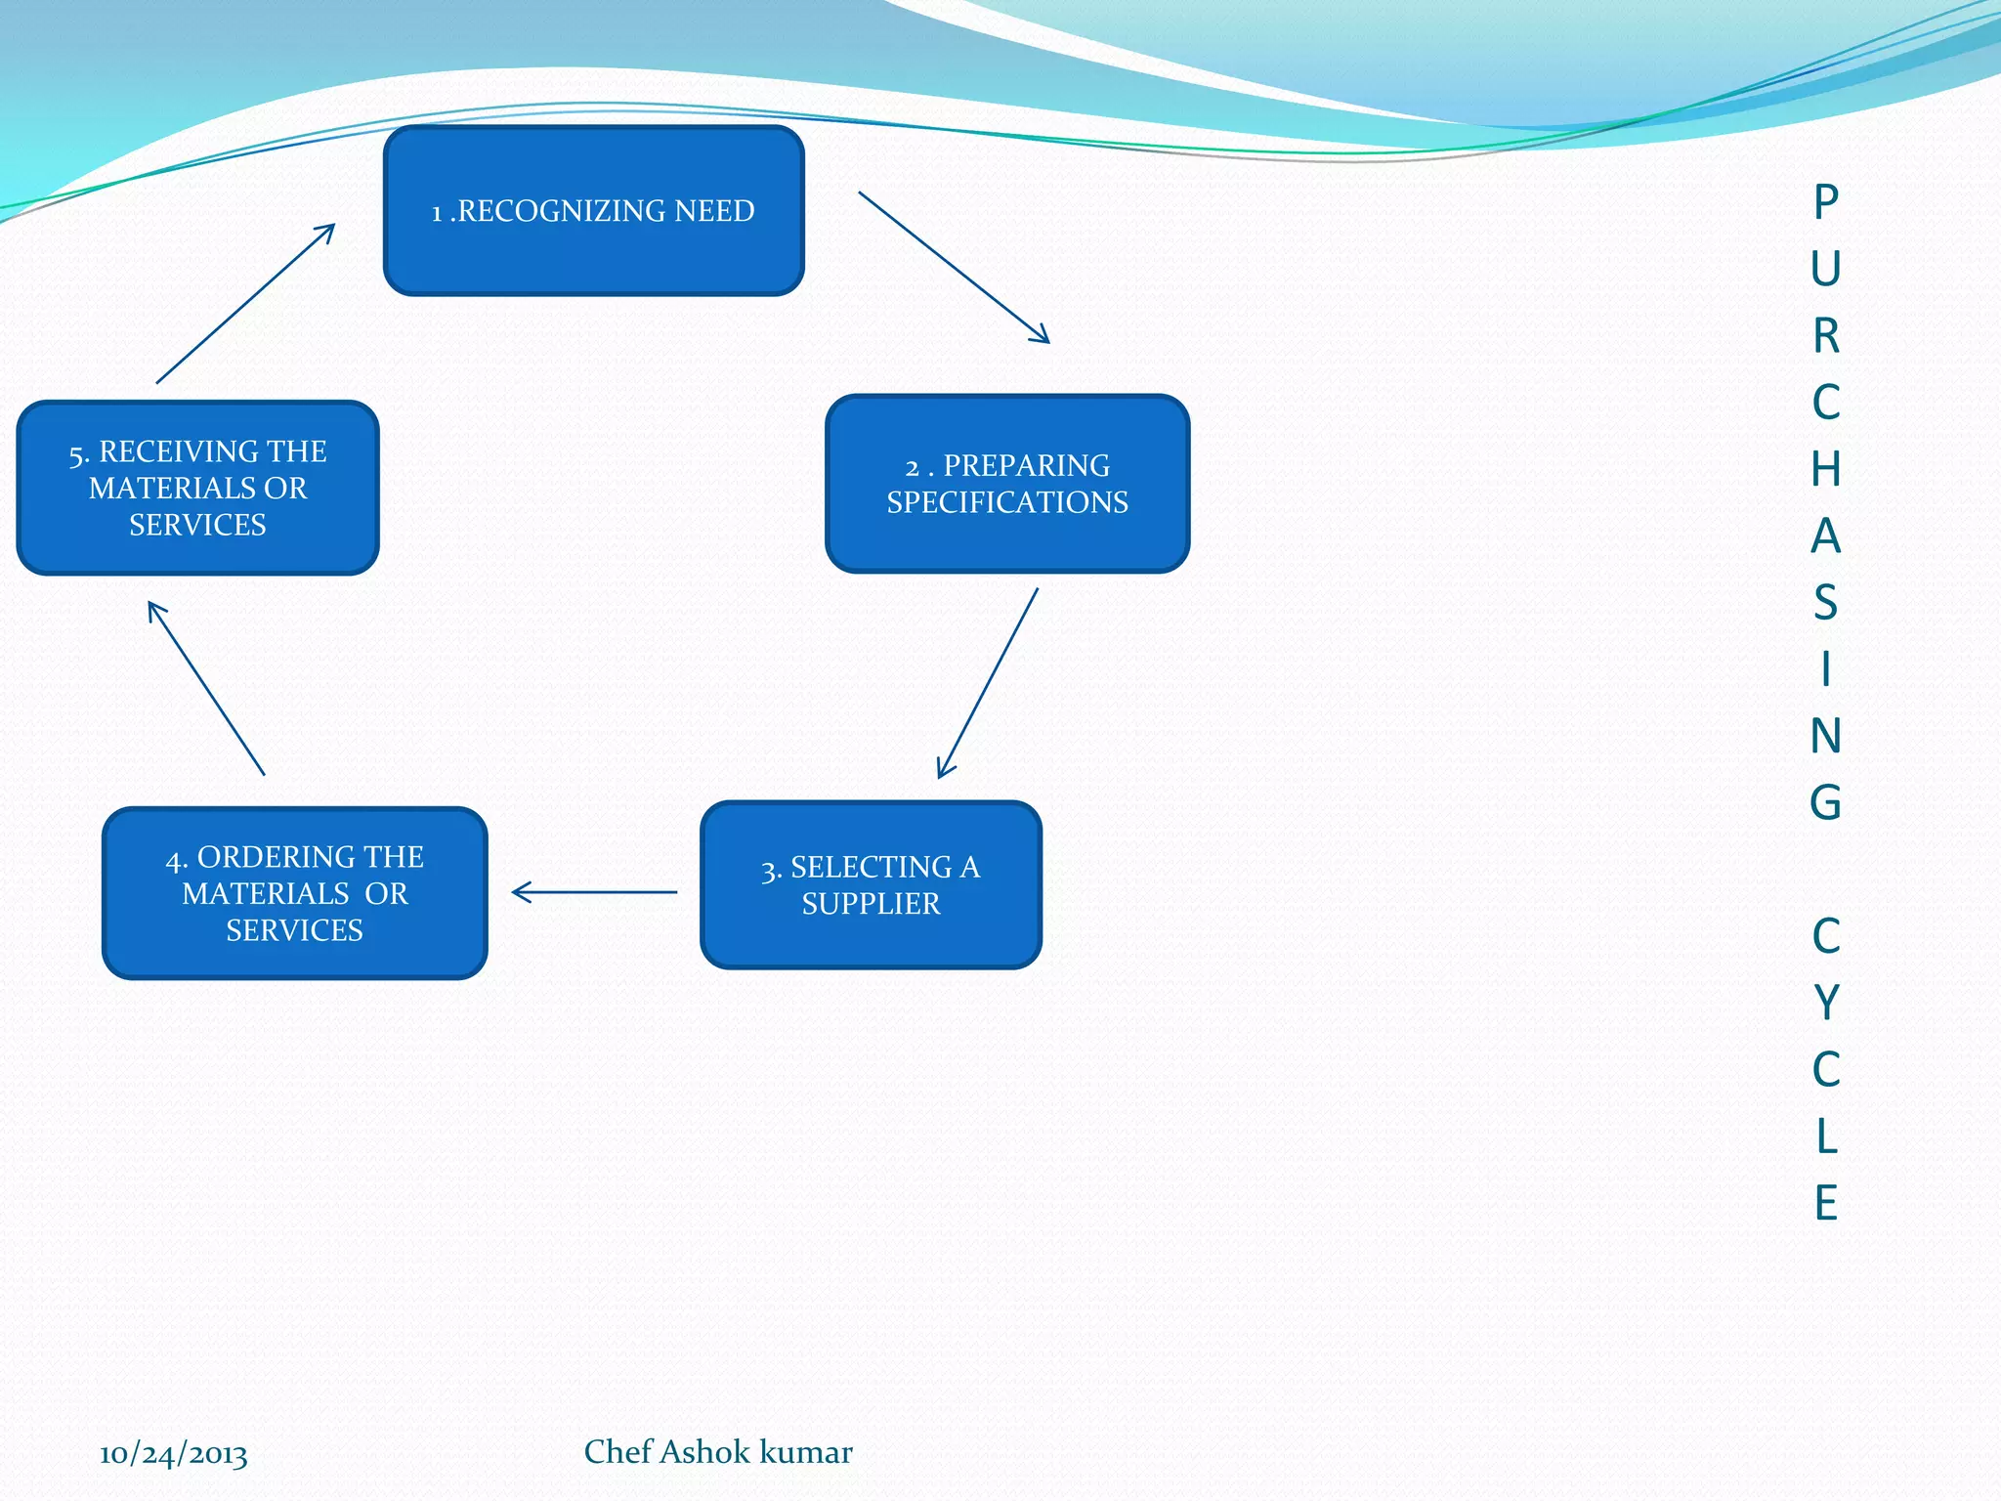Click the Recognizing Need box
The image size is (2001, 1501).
pos(594,210)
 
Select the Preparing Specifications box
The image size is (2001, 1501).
pos(1007,484)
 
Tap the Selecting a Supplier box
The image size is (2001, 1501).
pos(871,885)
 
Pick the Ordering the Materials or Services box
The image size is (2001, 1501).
pos(294,893)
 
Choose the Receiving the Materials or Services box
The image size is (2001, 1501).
pos(197,488)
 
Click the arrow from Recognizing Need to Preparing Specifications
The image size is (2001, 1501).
pos(954,267)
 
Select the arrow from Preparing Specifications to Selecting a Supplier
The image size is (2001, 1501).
pos(988,683)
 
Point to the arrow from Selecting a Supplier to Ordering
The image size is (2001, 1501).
pos(594,892)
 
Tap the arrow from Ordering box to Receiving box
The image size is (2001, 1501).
pos(206,689)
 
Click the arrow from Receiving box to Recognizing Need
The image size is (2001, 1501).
pos(245,304)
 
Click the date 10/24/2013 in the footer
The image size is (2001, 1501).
pos(173,1454)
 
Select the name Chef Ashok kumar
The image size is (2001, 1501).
pos(718,1452)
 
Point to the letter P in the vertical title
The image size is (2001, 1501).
pos(1826,202)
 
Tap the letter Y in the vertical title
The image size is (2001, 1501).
pos(1826,1003)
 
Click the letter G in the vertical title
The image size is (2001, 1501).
pos(1825,802)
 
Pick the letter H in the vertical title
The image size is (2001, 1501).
pos(1825,469)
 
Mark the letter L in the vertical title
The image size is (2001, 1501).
pos(1826,1136)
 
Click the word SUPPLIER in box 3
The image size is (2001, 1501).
pos(871,904)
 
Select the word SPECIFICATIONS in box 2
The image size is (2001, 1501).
pos(1007,502)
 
